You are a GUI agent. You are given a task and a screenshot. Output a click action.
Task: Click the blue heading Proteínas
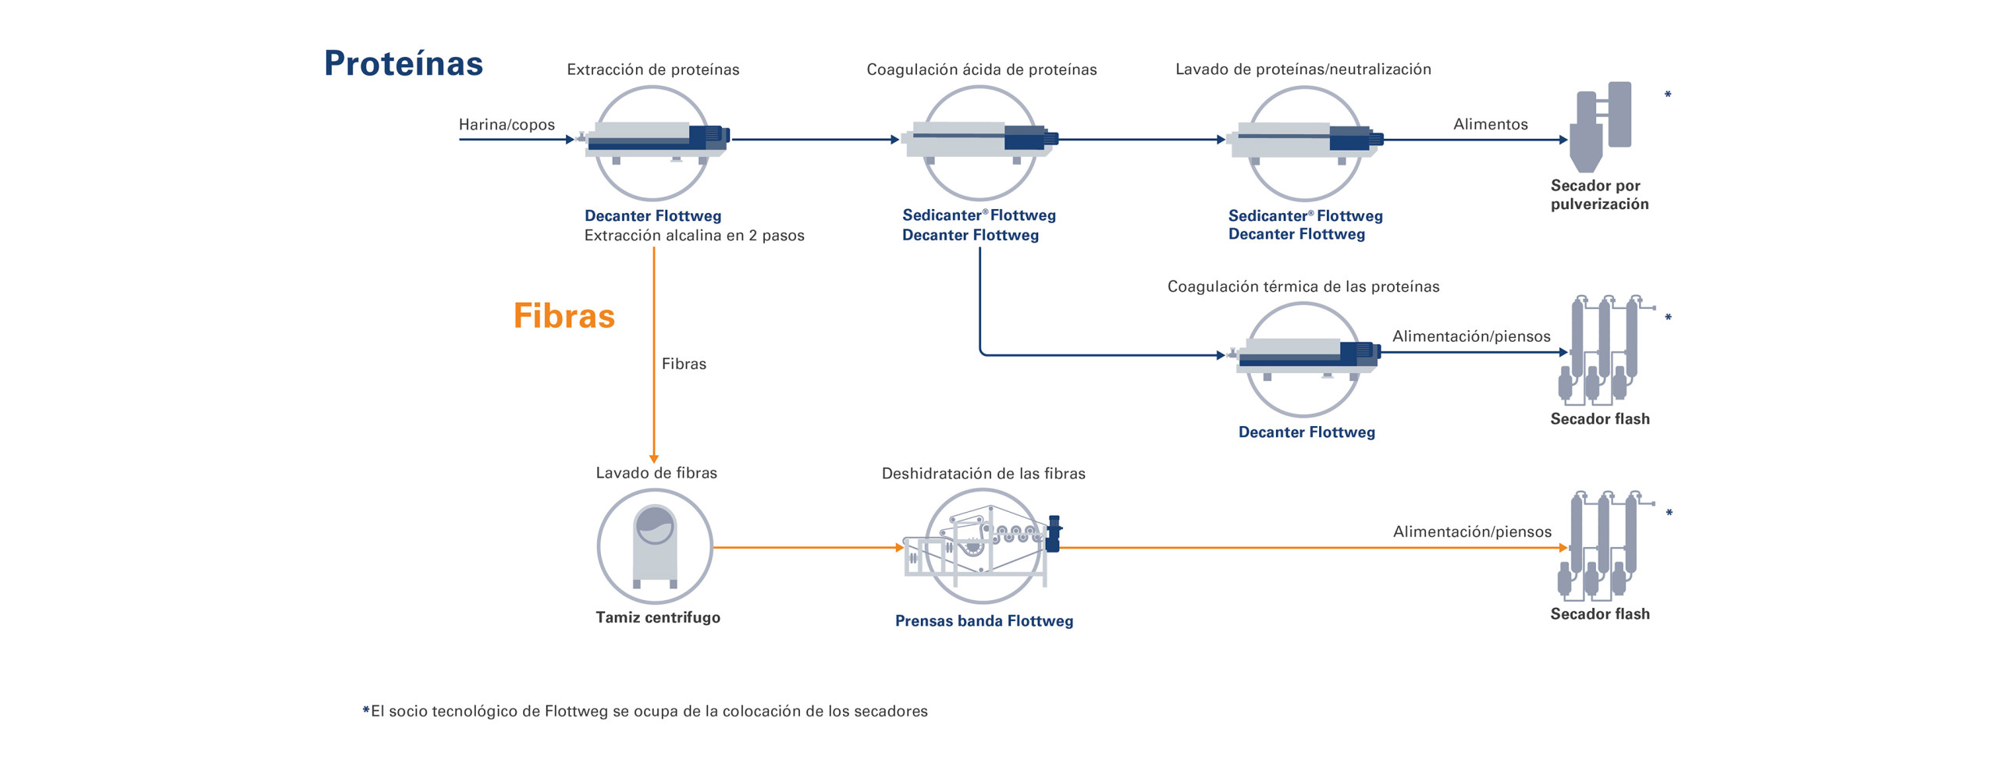403,63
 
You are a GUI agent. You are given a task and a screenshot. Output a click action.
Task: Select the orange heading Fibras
563,316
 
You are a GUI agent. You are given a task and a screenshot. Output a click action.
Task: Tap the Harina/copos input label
507,125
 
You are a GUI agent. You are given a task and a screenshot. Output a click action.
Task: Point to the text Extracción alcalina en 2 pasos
694,236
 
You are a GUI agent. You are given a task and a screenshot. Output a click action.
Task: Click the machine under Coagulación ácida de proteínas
979,141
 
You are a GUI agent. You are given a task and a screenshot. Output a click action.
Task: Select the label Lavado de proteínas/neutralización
1303,69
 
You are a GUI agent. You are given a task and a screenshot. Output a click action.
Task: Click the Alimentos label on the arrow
1490,124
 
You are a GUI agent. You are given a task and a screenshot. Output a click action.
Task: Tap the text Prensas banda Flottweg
983,621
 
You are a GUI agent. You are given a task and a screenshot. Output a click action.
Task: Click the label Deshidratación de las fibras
983,474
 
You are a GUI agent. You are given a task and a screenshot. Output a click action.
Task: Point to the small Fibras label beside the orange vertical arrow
684,364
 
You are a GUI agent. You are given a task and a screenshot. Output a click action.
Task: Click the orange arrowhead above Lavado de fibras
654,459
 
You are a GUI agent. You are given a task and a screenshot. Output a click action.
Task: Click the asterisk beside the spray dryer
1668,95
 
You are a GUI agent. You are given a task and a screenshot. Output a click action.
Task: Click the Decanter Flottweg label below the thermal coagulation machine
1306,432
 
